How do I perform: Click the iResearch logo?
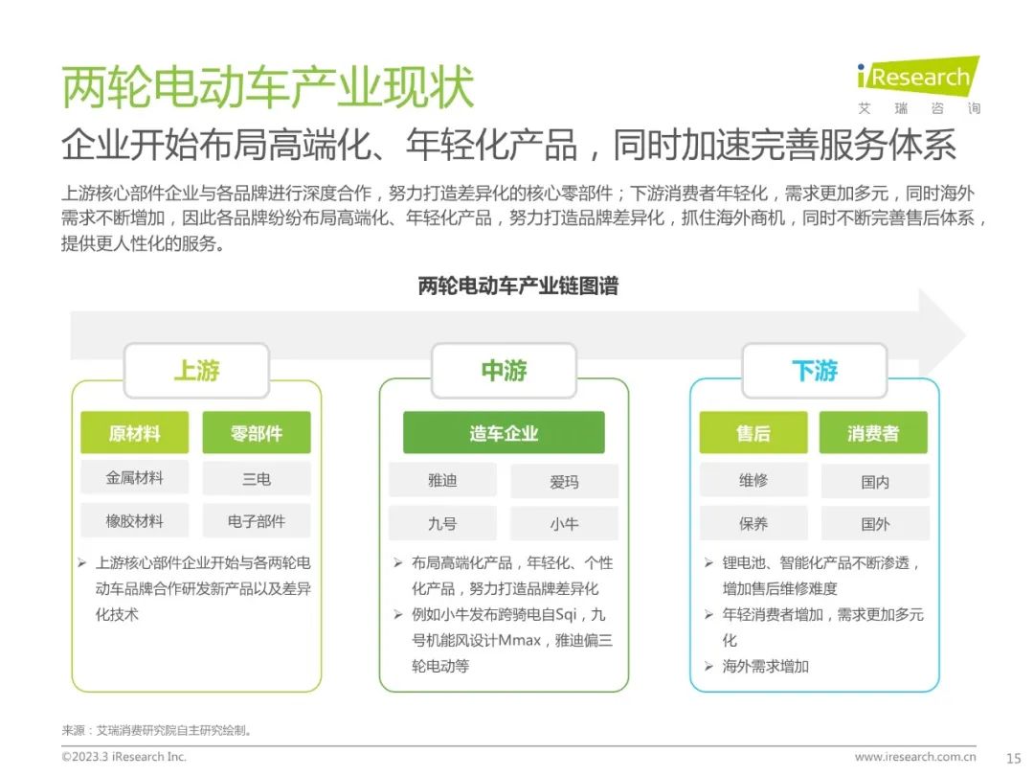click(918, 84)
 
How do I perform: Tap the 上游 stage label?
click(196, 370)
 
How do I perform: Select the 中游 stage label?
click(504, 370)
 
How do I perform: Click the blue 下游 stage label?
click(815, 370)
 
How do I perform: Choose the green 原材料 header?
click(135, 433)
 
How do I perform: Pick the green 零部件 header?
click(257, 433)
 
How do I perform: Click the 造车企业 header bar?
click(504, 433)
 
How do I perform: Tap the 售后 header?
click(753, 433)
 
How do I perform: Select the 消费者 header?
click(873, 433)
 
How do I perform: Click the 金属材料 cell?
click(135, 478)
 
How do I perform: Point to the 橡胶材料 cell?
click(135, 520)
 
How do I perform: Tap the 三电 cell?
click(257, 478)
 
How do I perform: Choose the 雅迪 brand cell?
click(442, 480)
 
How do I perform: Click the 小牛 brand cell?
click(565, 523)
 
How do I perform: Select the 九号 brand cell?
click(442, 523)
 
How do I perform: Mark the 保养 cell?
click(753, 523)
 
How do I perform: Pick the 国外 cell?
click(875, 523)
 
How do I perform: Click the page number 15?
click(1014, 758)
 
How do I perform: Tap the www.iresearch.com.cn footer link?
click(915, 756)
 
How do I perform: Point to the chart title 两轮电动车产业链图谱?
click(518, 285)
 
